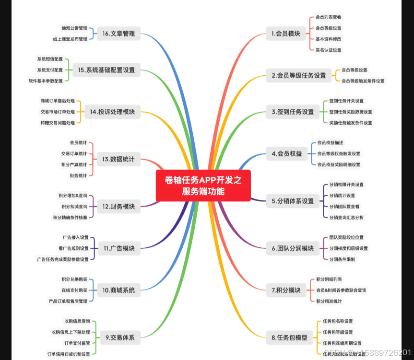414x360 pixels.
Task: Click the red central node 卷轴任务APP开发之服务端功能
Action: (203, 186)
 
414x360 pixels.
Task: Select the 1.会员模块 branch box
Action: (285, 34)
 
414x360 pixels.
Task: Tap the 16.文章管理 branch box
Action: (118, 34)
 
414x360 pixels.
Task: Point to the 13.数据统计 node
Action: (118, 159)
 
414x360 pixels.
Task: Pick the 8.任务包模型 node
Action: (289, 337)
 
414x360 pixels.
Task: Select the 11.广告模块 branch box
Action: (119, 249)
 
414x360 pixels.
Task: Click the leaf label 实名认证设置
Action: (329, 49)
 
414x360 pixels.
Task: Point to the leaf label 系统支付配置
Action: (50, 70)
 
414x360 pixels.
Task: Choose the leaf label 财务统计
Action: (78, 175)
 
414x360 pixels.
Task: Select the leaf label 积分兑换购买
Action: (74, 279)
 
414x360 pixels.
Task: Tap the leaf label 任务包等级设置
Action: (338, 332)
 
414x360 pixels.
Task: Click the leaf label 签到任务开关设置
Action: (346, 101)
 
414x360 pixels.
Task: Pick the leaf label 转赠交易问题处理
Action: (58, 123)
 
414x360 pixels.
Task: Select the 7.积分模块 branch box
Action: (285, 290)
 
